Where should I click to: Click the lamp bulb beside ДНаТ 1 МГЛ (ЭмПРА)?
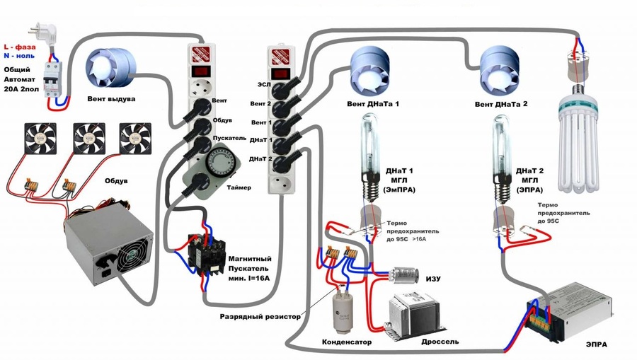(x=368, y=153)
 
